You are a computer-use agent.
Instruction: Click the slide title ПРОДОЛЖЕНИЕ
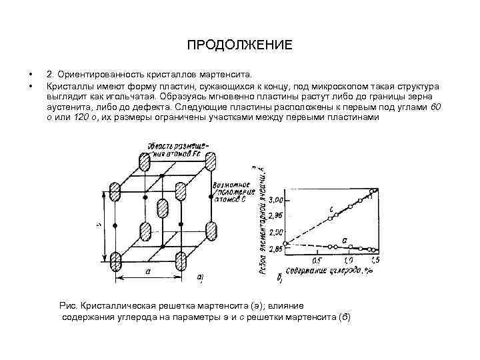pos(239,46)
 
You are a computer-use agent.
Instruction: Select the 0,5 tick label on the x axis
pos(317,259)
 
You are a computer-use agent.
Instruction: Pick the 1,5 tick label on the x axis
pos(375,259)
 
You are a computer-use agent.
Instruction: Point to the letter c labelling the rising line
pos(331,209)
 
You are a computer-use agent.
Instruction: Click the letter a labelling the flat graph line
pos(344,238)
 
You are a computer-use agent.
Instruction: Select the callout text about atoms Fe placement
pos(178,148)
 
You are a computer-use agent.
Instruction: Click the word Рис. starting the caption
pos(69,305)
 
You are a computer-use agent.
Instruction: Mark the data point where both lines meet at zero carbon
pos(286,244)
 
